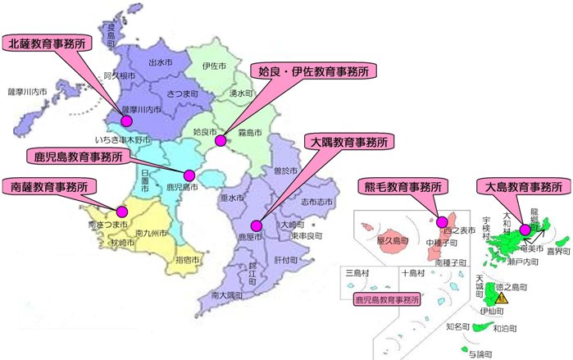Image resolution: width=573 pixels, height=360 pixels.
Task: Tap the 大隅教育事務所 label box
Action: pyautogui.click(x=348, y=141)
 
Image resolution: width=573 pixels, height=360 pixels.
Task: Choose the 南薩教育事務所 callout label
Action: pyautogui.click(x=48, y=185)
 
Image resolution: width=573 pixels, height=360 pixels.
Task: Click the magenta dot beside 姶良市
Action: pyautogui.click(x=220, y=141)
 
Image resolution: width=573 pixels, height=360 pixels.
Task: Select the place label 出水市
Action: pyautogui.click(x=159, y=62)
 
